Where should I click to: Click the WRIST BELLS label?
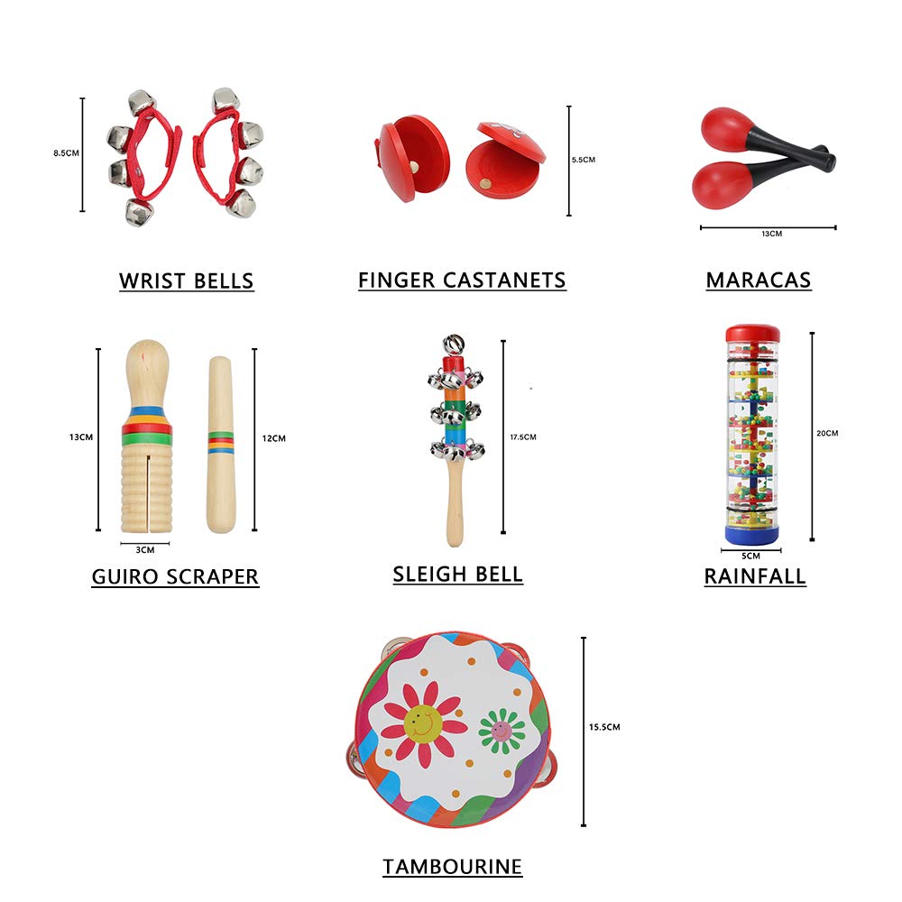click(x=187, y=281)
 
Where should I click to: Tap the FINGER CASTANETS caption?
click(x=462, y=281)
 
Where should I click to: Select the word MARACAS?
click(x=759, y=281)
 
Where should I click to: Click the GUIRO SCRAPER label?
click(x=175, y=576)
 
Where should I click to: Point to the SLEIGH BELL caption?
click(x=458, y=575)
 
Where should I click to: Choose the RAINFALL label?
click(x=755, y=576)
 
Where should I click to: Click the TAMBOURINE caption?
click(x=452, y=867)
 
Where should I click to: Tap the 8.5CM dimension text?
click(x=66, y=153)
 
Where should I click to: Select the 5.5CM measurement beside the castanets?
click(x=584, y=160)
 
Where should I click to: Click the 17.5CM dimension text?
click(x=523, y=437)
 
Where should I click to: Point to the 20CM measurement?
click(x=827, y=433)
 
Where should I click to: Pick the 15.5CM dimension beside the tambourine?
click(x=604, y=727)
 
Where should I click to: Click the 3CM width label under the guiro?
click(x=144, y=549)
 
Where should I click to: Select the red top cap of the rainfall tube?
click(x=752, y=334)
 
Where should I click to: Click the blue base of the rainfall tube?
click(x=752, y=535)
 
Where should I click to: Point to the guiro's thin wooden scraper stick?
click(x=220, y=442)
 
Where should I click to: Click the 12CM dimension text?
click(x=273, y=438)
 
